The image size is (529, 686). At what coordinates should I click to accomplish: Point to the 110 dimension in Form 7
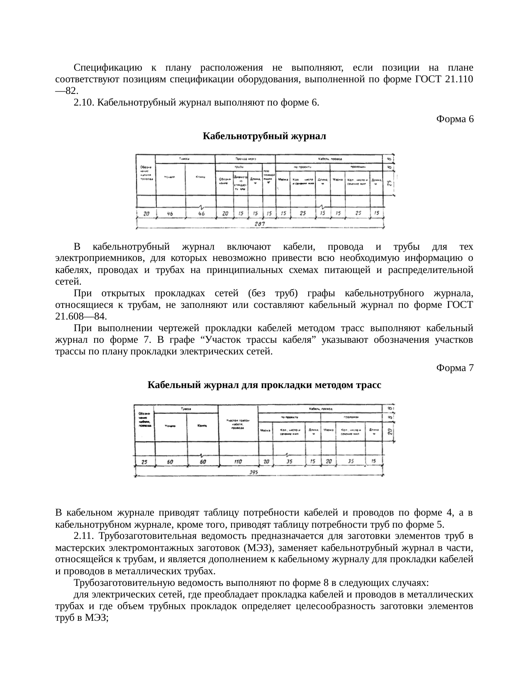coord(237,462)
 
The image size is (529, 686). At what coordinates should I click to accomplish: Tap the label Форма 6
coord(455,119)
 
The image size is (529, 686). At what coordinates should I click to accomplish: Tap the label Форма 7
coord(455,368)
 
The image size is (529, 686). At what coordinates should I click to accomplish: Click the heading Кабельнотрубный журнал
coord(264,136)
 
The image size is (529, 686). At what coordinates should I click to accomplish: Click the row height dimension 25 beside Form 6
coord(390,183)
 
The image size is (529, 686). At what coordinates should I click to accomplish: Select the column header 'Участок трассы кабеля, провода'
coord(238,424)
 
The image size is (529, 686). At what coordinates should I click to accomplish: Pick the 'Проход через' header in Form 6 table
coord(245,159)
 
